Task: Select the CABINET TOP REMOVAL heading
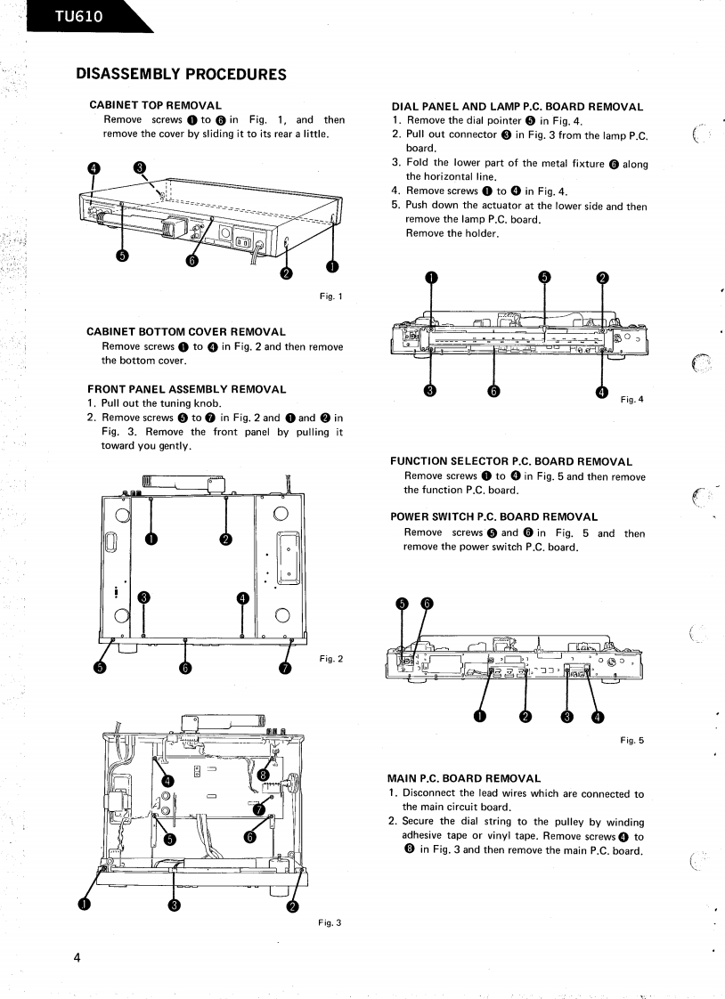pyautogui.click(x=156, y=106)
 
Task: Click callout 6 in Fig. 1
pyautogui.click(x=192, y=260)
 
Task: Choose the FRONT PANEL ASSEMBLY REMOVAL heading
pyautogui.click(x=187, y=389)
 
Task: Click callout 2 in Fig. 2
pyautogui.click(x=226, y=539)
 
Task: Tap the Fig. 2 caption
pyautogui.click(x=331, y=658)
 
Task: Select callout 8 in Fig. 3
pyautogui.click(x=263, y=776)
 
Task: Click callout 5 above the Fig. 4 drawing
pyautogui.click(x=545, y=277)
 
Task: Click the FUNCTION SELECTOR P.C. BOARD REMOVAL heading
pyautogui.click(x=511, y=461)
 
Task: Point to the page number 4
pyautogui.click(x=78, y=958)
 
